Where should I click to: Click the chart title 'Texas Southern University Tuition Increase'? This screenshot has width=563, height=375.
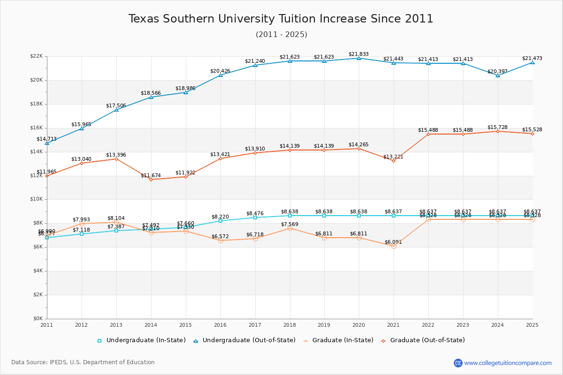click(x=281, y=19)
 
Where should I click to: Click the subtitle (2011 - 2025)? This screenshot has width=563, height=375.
click(x=281, y=35)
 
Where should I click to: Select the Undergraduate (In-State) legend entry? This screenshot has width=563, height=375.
click(x=141, y=340)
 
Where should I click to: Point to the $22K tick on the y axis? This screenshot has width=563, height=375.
click(x=36, y=56)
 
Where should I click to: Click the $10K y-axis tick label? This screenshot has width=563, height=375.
click(x=36, y=199)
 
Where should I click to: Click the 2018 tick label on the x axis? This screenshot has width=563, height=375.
click(x=289, y=324)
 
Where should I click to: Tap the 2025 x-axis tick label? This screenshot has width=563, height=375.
click(x=532, y=324)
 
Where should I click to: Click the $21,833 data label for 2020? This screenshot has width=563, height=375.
click(x=358, y=54)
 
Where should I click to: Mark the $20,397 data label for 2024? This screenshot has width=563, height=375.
click(x=497, y=72)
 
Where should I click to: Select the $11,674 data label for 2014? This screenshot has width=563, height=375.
click(x=151, y=176)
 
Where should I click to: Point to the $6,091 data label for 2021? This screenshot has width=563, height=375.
click(x=393, y=242)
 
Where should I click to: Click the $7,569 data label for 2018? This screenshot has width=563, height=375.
click(x=289, y=225)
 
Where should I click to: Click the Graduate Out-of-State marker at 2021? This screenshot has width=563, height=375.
click(x=394, y=161)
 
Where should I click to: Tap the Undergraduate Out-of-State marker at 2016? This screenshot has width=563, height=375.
click(x=220, y=75)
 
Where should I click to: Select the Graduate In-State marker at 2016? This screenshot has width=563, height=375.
click(x=220, y=240)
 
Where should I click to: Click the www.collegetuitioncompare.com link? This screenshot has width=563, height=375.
click(x=508, y=363)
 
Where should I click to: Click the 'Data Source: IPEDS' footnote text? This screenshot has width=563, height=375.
click(x=83, y=362)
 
